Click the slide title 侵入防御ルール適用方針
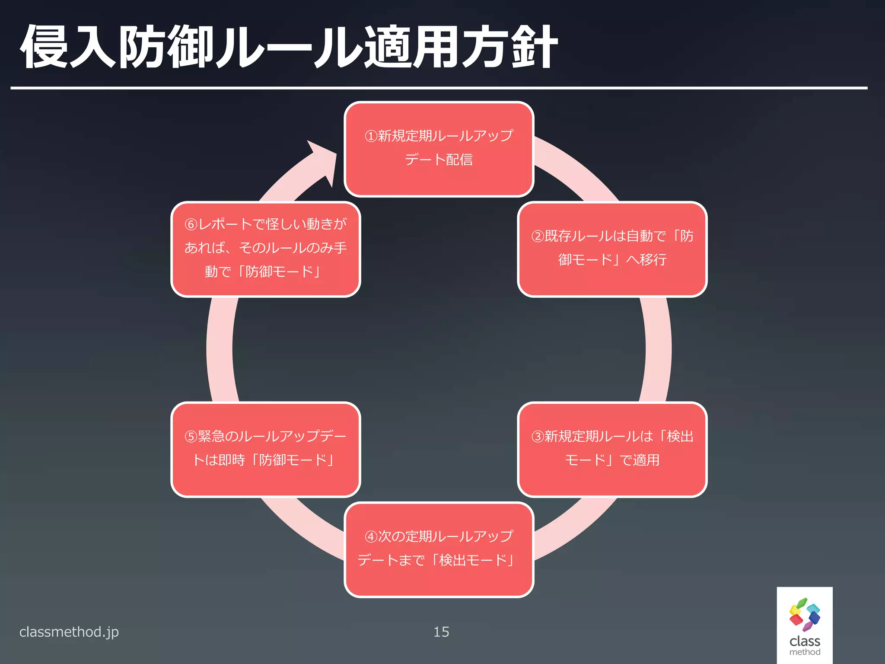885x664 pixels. pos(289,47)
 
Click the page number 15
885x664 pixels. pos(441,632)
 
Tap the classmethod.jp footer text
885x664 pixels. pos(69,632)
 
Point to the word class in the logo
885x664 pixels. pos(805,641)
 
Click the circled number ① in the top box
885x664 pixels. pos(371,136)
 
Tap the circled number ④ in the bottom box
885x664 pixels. pos(371,537)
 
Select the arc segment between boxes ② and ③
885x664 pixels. pos(658,349)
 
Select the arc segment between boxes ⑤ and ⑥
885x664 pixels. pos(220,349)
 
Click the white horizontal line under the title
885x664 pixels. pos(439,88)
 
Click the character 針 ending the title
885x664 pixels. pos(534,47)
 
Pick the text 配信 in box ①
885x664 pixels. pos(459,160)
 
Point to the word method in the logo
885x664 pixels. pos(805,652)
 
